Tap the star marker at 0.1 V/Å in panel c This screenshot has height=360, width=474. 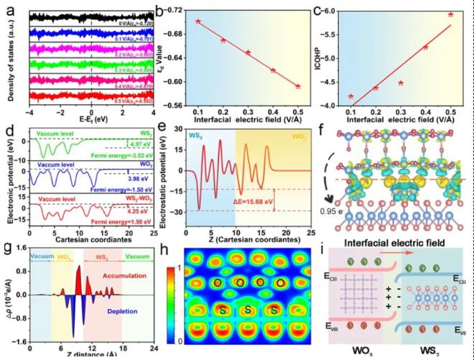(350, 96)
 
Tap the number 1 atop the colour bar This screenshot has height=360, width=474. (171, 253)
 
